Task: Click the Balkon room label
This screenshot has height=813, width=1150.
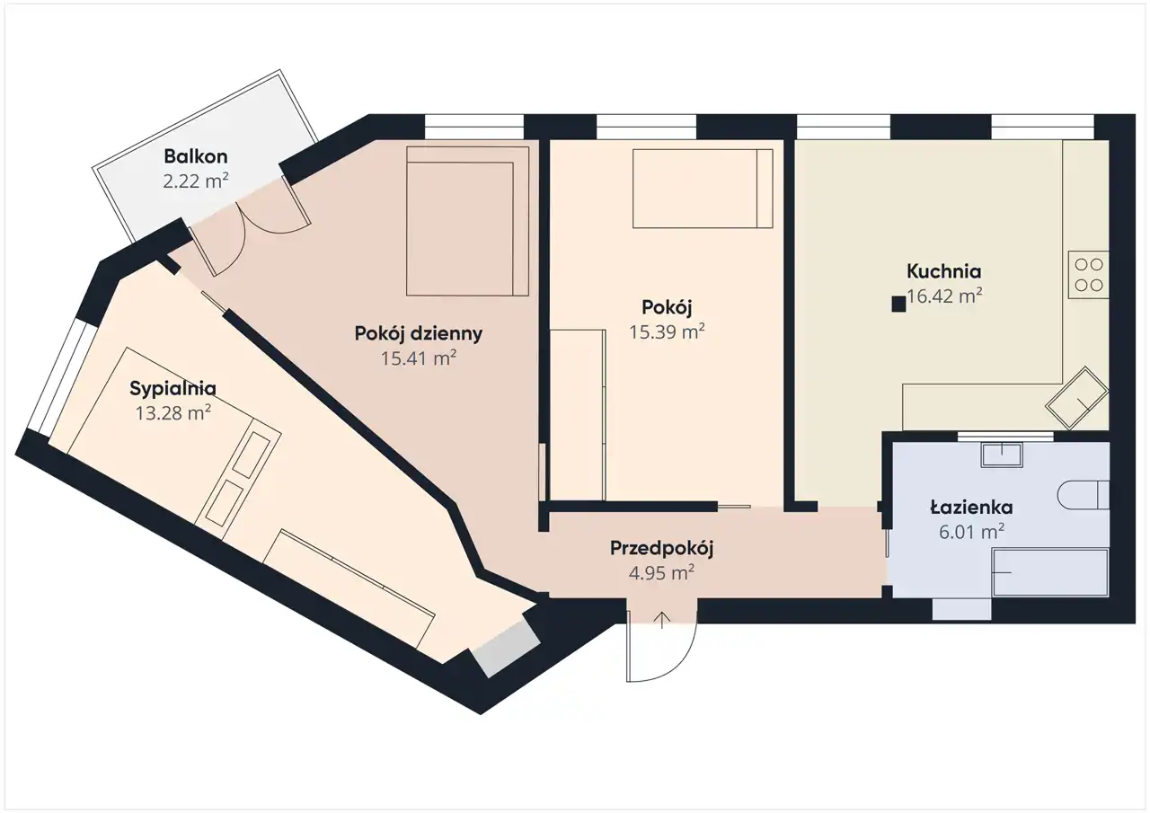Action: (196, 156)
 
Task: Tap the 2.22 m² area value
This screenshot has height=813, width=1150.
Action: (196, 181)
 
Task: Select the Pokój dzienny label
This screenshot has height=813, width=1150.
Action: (419, 334)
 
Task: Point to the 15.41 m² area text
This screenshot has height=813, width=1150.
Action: (419, 358)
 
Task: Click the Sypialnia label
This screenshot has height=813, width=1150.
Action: (172, 389)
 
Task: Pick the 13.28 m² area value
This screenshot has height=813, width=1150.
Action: (173, 413)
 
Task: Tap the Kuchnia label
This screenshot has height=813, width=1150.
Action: (943, 271)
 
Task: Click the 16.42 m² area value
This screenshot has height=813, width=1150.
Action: (944, 296)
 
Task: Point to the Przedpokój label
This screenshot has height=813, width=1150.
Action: (662, 549)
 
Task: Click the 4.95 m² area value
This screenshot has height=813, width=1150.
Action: (662, 573)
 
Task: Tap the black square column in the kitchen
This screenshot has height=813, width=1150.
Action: (898, 305)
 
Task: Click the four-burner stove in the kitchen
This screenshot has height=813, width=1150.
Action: (1088, 275)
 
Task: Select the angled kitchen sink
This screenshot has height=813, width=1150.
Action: (1076, 398)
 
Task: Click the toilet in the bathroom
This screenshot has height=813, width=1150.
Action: (1084, 495)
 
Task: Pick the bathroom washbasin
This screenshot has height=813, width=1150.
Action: (1002, 455)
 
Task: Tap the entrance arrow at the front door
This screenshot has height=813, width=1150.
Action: (662, 620)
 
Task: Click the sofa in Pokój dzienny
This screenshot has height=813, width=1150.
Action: (467, 221)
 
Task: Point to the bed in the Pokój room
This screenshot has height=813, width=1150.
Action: (703, 189)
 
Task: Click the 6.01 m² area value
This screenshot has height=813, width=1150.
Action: (971, 532)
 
